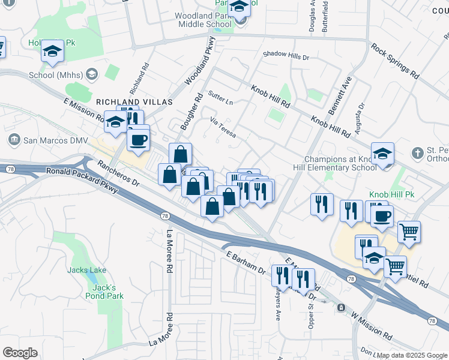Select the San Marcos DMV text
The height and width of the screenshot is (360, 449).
click(x=55, y=140)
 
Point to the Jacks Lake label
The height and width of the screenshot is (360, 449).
click(x=87, y=270)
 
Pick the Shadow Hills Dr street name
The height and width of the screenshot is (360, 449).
click(x=286, y=56)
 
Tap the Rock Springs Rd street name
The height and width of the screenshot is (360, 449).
click(x=394, y=62)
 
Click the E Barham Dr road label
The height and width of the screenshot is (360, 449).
click(x=246, y=263)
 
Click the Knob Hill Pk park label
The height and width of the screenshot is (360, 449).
click(x=388, y=195)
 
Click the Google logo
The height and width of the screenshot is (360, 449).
click(x=19, y=353)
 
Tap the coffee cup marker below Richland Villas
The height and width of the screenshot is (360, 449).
click(x=139, y=140)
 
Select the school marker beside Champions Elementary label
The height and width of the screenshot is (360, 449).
click(x=382, y=154)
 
